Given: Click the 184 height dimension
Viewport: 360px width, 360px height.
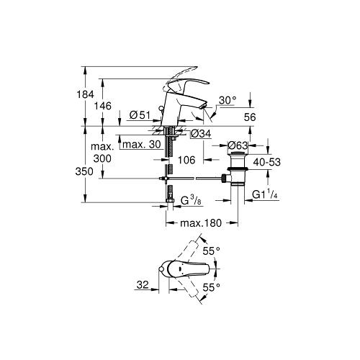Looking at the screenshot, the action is pos(85,94).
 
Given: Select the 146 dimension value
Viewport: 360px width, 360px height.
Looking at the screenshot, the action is pos(103,106).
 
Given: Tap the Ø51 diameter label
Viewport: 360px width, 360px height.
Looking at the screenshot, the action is pos(140,115).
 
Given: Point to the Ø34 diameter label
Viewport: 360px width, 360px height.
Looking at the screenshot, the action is pos(201,134).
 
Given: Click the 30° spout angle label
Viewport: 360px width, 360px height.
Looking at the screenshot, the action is pos(228,100).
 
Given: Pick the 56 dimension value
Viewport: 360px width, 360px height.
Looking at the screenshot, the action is pos(250,117).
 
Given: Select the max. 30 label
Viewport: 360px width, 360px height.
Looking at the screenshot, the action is pos(142,145).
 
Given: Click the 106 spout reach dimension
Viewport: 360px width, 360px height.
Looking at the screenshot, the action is pos(186,160).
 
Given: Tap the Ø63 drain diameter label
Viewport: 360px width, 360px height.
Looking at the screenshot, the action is pos(238,145).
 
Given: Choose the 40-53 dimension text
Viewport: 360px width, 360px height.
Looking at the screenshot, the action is pos(267,162).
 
